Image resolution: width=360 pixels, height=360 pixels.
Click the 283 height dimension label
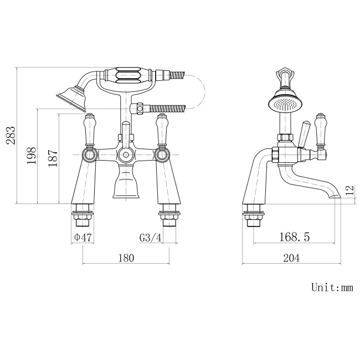tap(11, 135)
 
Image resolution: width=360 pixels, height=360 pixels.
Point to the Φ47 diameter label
tap(83, 238)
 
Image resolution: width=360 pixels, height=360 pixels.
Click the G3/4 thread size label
tap(151, 238)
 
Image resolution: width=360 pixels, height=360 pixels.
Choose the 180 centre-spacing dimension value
tap(127, 258)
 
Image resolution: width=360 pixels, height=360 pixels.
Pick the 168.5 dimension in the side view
tap(294, 238)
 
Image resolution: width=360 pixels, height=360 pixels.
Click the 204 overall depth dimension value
tap(292, 258)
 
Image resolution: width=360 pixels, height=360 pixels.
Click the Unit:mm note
tap(332, 287)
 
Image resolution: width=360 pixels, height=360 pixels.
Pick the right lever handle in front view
tap(162, 130)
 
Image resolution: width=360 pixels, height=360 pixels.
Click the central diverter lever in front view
tap(126, 133)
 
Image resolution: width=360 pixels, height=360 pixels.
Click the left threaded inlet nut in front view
tap(83, 217)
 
